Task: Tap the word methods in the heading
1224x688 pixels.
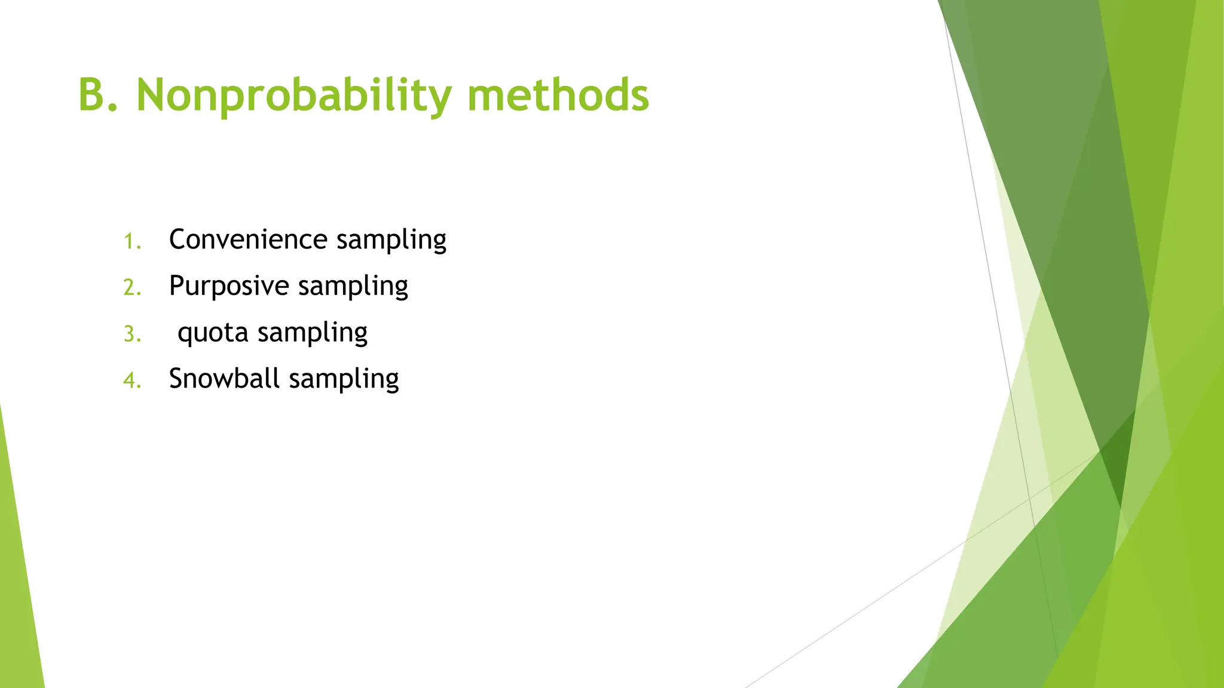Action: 558,96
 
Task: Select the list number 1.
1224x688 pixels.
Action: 132,242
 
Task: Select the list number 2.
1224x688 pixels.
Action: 132,288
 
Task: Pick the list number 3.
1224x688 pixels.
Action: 132,334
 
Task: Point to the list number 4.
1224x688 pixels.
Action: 132,380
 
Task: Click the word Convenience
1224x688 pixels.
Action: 248,239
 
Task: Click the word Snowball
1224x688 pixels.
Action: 224,379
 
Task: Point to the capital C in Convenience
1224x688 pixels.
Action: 179,239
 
